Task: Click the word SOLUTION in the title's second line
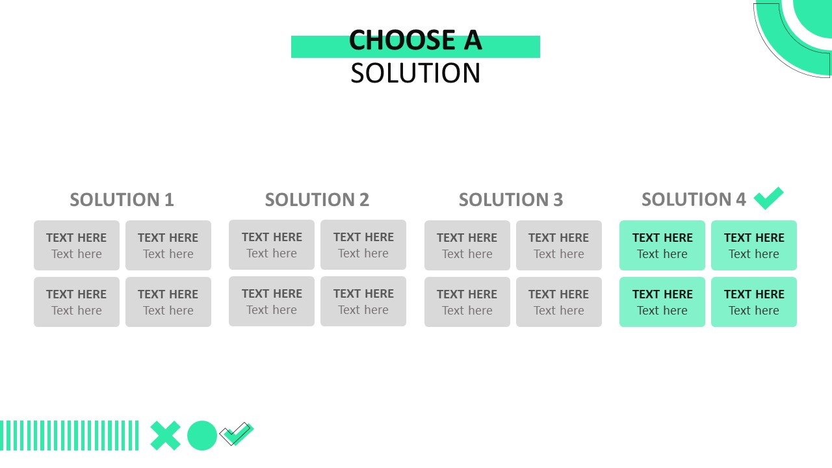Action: [415, 73]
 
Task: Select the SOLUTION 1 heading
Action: [122, 200]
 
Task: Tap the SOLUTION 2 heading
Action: [317, 200]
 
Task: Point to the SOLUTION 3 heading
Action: [510, 200]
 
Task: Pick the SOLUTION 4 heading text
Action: [694, 200]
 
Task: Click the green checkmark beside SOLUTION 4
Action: [768, 198]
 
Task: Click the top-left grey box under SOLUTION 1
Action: [77, 245]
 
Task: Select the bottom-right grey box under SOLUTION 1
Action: [168, 302]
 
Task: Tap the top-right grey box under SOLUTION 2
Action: [363, 244]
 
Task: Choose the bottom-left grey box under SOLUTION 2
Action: [272, 301]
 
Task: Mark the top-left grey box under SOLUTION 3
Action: [467, 245]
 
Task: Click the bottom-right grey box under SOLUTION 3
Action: [559, 302]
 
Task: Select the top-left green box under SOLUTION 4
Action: [662, 245]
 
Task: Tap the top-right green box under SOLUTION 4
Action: [754, 245]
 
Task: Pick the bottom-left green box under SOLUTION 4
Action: [662, 302]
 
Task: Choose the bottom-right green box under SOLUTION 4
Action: [754, 302]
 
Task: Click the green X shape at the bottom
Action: [166, 435]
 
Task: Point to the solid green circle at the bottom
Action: [202, 435]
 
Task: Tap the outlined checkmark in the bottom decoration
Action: [237, 434]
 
